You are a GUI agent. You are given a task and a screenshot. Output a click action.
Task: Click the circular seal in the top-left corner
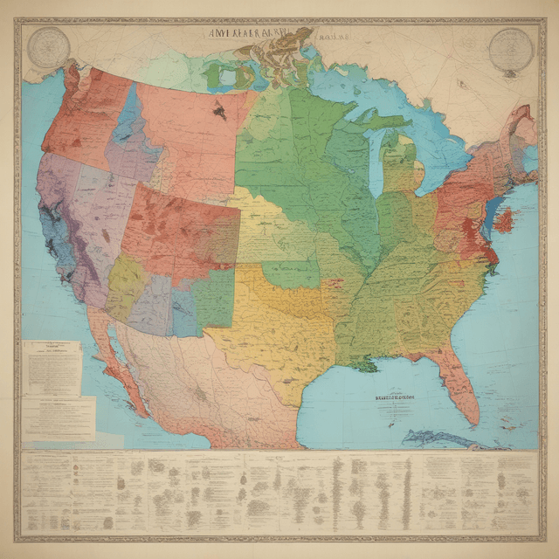48,47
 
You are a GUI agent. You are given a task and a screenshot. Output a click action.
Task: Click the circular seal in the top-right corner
511,50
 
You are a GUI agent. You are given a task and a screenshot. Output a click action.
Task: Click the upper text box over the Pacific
52,367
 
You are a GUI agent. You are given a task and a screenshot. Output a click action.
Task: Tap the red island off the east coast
503,219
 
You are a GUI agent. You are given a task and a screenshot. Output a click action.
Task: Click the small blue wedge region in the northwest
128,114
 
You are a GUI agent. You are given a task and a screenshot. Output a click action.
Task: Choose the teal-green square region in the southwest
214,297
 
